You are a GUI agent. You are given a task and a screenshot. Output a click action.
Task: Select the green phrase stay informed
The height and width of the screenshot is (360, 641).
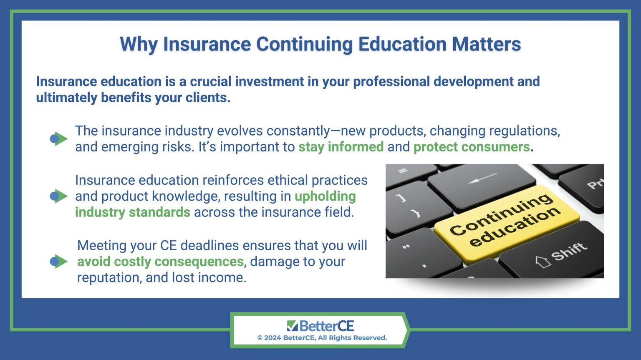(341, 147)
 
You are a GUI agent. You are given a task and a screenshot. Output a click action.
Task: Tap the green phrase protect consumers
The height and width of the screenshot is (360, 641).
(471, 147)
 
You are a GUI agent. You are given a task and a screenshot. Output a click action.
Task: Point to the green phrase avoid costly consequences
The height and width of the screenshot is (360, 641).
(160, 262)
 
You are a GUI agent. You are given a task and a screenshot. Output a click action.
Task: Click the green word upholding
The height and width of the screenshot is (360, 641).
(325, 196)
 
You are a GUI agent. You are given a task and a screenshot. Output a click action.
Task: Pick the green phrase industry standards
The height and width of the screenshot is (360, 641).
(132, 212)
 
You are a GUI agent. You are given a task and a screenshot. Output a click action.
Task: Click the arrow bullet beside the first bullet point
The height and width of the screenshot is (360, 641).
(58, 138)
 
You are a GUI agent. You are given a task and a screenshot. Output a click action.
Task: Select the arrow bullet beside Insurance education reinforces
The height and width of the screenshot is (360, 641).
(58, 196)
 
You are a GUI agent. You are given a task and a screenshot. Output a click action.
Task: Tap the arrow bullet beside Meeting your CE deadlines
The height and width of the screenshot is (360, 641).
(58, 262)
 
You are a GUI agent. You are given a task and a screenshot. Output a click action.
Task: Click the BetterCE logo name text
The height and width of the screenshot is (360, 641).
(326, 325)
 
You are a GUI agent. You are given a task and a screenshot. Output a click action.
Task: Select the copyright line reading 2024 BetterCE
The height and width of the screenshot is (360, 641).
(322, 338)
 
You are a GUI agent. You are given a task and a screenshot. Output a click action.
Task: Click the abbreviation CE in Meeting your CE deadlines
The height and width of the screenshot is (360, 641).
(168, 245)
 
